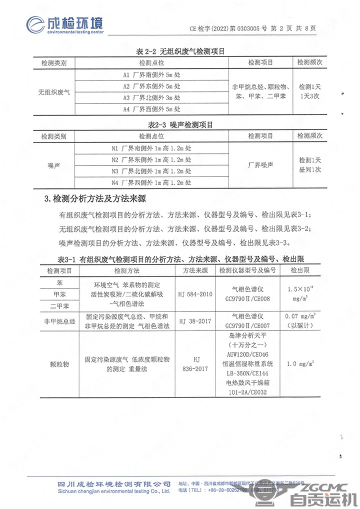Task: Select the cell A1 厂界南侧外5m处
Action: click(151, 74)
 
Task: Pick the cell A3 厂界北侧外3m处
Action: click(151, 97)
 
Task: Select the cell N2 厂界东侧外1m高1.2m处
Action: click(151, 160)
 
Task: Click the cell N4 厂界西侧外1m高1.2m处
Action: click(151, 182)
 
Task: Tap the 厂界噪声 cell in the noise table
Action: click(260, 165)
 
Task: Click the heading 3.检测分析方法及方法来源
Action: click(94, 199)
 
